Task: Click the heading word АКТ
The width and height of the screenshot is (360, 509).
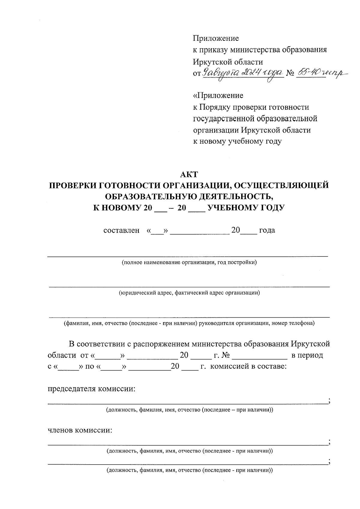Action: (x=189, y=174)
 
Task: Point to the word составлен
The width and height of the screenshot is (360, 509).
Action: (x=121, y=230)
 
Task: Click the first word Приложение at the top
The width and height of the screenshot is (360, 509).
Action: (x=216, y=38)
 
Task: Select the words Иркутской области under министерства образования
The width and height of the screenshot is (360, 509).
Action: (x=228, y=62)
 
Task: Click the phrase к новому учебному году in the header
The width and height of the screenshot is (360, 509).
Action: (x=237, y=142)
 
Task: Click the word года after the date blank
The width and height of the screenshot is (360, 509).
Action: (x=267, y=230)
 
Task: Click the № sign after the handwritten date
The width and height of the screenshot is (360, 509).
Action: (x=290, y=73)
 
